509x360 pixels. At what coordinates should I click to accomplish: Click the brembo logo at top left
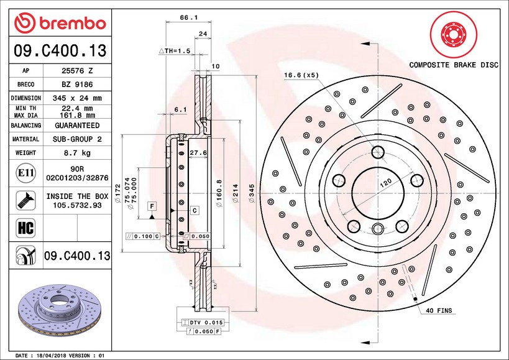(x=61, y=23)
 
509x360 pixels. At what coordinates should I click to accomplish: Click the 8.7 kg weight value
(x=78, y=153)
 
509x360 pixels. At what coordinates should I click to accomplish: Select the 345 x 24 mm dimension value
(x=78, y=98)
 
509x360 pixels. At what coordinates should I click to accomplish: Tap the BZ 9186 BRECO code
(x=78, y=85)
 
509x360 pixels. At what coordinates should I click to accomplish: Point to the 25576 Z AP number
(x=78, y=71)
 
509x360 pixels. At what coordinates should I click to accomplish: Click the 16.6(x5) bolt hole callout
(x=301, y=75)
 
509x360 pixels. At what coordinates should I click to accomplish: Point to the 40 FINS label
(x=439, y=310)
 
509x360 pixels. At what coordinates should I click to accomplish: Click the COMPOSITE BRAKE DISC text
(x=454, y=65)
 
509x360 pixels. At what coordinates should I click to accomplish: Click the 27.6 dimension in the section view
(x=198, y=152)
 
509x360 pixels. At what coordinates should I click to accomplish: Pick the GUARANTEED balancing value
(x=78, y=126)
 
